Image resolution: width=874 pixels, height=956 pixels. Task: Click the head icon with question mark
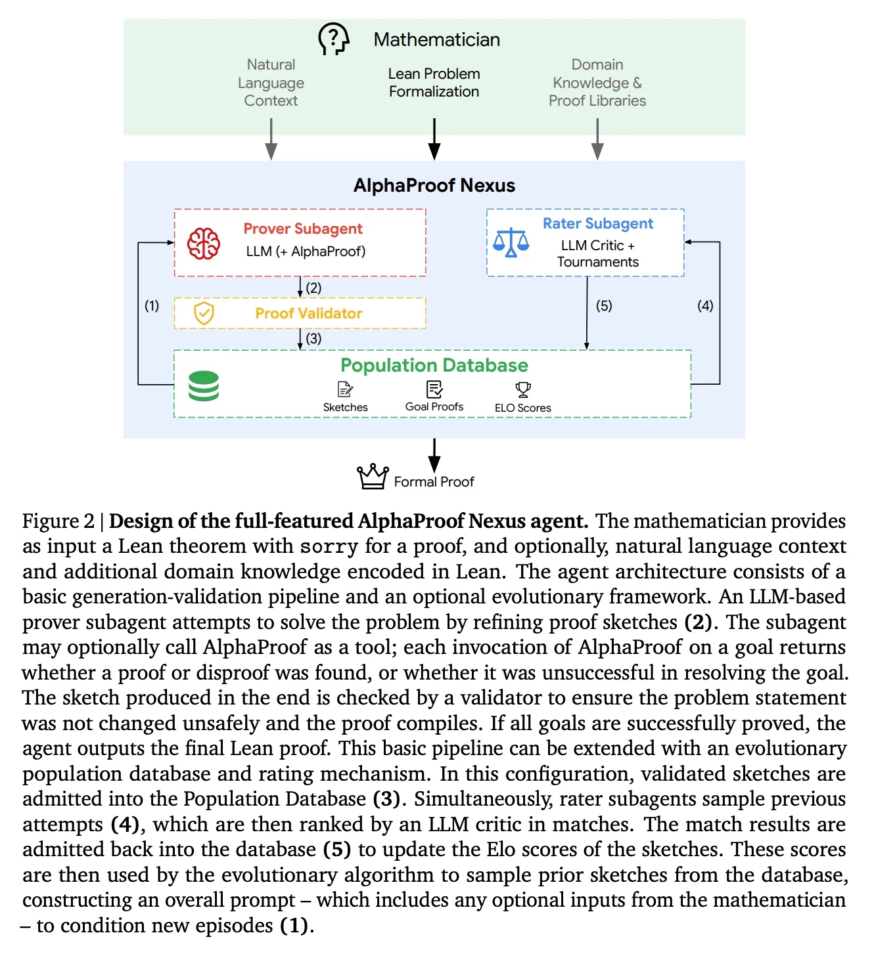coord(333,39)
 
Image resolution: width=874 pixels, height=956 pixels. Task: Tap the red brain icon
coord(203,244)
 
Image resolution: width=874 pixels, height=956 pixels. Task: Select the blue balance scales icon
coord(511,242)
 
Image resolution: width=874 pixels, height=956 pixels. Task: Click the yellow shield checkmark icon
coord(204,313)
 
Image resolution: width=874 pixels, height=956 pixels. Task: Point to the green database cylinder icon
coord(204,385)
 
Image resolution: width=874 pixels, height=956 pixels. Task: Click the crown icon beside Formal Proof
coord(373,476)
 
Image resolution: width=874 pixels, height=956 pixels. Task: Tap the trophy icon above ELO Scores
coord(523,389)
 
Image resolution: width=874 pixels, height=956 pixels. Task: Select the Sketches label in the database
coord(346,407)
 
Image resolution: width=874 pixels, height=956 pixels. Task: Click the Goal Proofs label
coord(434,406)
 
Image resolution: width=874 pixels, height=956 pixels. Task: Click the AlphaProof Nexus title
coord(434,185)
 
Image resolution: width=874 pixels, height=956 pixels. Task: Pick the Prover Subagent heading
coord(303,228)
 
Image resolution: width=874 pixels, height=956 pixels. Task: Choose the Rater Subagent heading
coord(598,223)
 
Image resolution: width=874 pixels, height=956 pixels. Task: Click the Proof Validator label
coord(309,313)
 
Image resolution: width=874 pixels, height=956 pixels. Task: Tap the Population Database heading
coord(434,366)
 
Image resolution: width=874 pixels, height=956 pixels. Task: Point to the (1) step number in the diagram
coord(152,305)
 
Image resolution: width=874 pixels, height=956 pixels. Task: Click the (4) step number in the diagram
coord(705,305)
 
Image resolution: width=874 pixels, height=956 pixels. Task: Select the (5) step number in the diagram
coord(604,305)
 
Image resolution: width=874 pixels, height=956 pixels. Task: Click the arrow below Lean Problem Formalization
coord(434,139)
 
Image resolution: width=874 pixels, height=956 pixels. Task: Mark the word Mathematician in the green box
coord(436,39)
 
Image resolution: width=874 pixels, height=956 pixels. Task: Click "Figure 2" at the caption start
coord(58,521)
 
